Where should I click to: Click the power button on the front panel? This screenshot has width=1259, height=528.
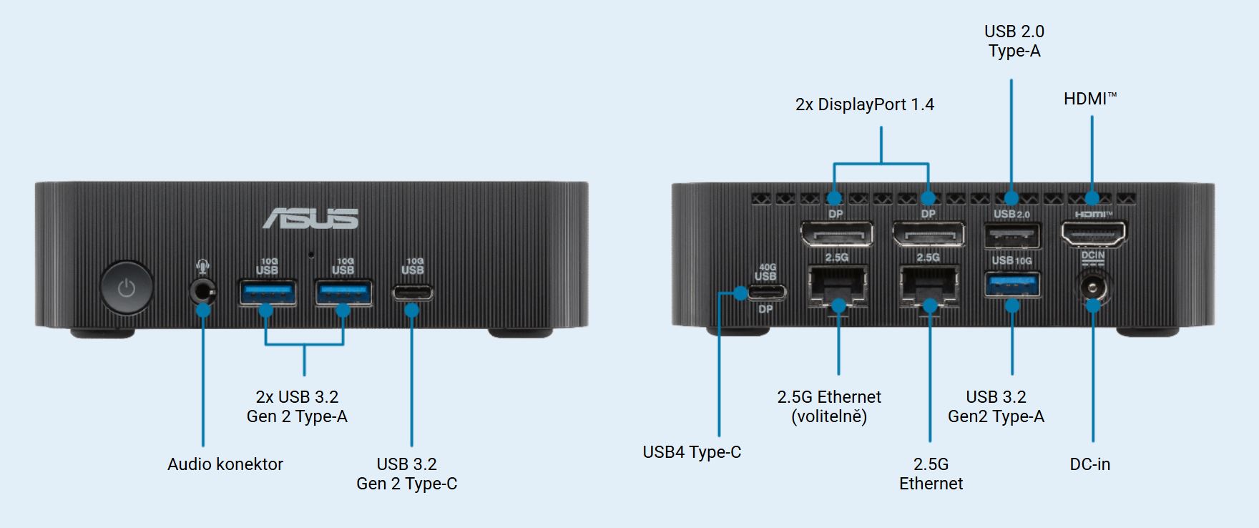click(127, 288)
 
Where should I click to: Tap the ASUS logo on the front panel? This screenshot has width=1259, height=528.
click(310, 218)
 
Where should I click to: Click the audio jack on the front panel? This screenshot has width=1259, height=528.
click(203, 291)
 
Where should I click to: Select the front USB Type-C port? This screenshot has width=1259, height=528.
click(412, 293)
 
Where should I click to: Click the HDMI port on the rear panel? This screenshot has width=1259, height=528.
click(1092, 233)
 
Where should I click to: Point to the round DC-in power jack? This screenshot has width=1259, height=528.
click(1092, 289)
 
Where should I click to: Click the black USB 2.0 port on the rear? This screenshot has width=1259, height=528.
click(1012, 234)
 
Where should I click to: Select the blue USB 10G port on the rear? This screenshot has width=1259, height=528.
click(1012, 285)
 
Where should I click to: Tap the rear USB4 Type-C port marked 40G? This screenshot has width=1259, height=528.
click(766, 292)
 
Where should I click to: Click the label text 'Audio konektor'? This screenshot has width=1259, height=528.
click(225, 464)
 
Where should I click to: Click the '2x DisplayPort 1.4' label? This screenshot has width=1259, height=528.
click(864, 104)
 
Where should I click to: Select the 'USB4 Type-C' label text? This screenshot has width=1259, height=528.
click(692, 452)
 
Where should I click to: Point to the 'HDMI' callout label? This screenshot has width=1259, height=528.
click(1089, 99)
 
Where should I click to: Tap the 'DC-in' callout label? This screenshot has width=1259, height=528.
click(1089, 464)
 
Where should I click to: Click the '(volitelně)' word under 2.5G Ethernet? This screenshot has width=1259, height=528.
click(829, 416)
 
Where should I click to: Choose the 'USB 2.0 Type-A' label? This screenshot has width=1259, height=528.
click(1014, 41)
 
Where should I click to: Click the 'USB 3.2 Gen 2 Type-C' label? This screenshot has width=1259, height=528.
click(406, 474)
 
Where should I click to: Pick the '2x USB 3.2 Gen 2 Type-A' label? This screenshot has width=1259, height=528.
click(297, 406)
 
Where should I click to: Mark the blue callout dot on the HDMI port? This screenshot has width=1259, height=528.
click(1092, 198)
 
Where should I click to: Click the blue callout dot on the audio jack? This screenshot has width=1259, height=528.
click(203, 311)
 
